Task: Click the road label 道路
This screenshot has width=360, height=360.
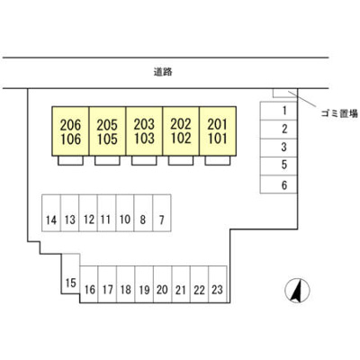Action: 163,72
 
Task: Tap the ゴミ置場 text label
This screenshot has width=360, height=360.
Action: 339,113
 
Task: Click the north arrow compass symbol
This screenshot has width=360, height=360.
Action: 297,291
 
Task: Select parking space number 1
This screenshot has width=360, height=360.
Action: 278,111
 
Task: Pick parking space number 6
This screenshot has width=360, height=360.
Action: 278,184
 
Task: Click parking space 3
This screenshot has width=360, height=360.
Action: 278,148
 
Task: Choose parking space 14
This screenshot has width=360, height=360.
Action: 51,213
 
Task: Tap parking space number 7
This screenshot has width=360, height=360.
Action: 162,213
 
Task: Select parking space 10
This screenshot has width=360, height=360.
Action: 125,213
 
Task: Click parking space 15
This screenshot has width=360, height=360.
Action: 71,274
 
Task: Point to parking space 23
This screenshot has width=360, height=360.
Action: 218,284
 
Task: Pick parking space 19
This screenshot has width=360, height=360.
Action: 144,284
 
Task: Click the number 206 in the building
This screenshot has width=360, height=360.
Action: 70,125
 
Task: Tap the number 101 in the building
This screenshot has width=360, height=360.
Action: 217,139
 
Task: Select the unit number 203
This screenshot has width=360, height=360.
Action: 144,124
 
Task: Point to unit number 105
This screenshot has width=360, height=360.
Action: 107,139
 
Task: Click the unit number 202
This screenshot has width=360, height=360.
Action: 181,124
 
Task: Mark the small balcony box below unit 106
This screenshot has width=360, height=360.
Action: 70,160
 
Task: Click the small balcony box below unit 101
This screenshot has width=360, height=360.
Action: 218,160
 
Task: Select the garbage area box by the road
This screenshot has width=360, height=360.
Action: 284,93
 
